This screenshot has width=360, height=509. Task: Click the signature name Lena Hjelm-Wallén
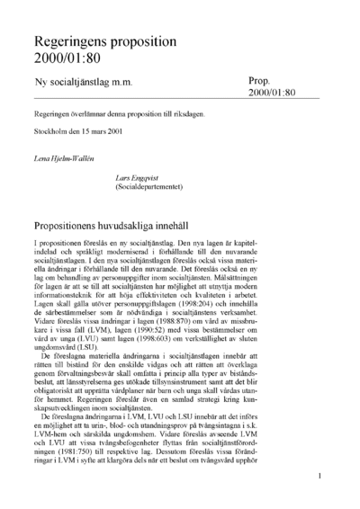coord(65,157)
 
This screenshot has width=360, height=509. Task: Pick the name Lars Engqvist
coord(168,178)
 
